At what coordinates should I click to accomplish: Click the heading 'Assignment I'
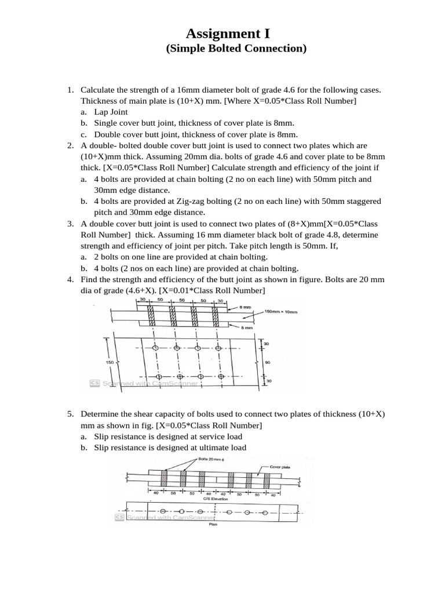click(228, 34)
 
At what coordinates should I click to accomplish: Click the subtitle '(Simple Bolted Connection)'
click(236, 49)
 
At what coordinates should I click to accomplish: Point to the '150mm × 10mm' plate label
click(281, 312)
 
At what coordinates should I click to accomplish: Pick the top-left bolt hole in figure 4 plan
click(155, 348)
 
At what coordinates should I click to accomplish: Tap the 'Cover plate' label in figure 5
click(281, 466)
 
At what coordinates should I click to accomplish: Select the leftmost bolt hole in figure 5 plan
click(163, 511)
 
